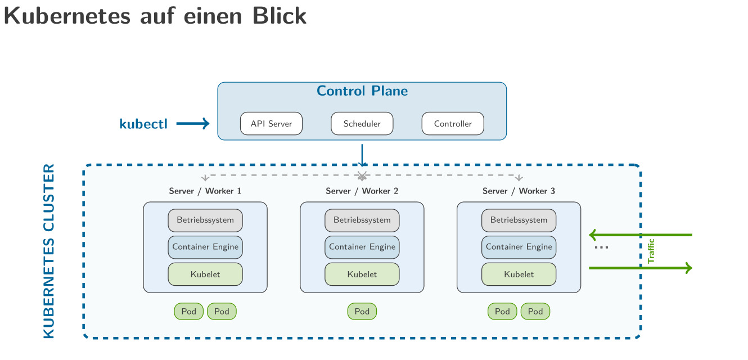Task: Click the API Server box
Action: [x=271, y=124]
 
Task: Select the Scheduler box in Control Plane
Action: [x=362, y=124]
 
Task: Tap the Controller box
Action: [x=453, y=124]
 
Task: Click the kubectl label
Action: [x=143, y=124]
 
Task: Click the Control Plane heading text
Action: [x=362, y=91]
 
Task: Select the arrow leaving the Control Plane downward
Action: [x=362, y=155]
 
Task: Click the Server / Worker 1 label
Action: [x=205, y=191]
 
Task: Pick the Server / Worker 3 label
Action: [x=519, y=191]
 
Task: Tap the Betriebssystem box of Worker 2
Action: [x=362, y=220]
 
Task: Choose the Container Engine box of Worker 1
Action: [x=205, y=247]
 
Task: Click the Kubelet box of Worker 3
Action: [x=519, y=274]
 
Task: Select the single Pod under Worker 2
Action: [x=362, y=311]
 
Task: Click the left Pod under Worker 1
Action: [x=188, y=311]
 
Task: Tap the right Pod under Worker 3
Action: [x=535, y=311]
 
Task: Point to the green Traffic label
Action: [x=651, y=251]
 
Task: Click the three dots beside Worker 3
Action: [x=601, y=248]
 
